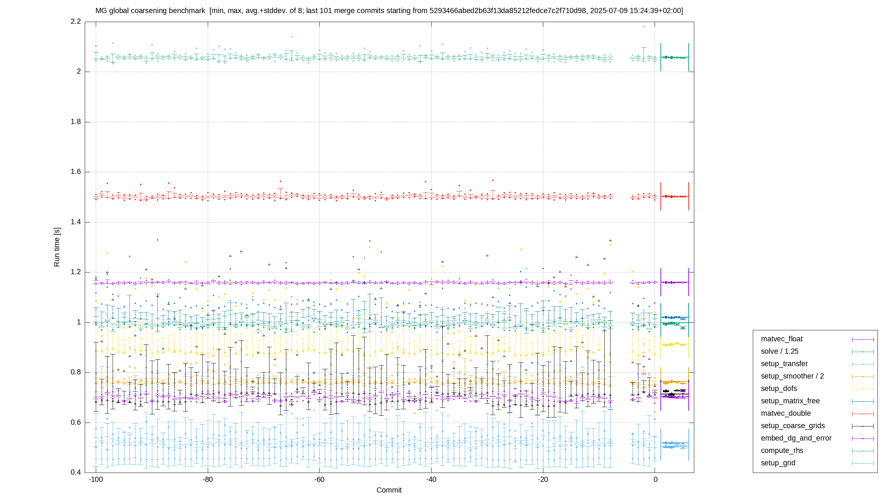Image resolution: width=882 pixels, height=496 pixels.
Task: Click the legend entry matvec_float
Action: click(x=782, y=339)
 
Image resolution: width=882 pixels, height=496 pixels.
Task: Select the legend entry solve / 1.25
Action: click(x=780, y=351)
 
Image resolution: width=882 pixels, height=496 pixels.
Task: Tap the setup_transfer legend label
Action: click(x=784, y=364)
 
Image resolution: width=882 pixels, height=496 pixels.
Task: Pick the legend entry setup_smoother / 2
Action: click(x=792, y=376)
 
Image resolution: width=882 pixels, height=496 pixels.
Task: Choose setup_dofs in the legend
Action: click(x=779, y=389)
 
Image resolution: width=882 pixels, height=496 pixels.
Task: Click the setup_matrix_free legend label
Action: click(x=790, y=401)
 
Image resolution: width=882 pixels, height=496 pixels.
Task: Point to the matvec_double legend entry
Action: click(x=786, y=413)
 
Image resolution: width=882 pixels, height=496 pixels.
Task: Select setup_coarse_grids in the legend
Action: click(x=793, y=426)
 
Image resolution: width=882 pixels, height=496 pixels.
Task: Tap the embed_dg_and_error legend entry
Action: click(x=796, y=438)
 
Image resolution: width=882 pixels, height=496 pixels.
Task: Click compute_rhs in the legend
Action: click(x=782, y=451)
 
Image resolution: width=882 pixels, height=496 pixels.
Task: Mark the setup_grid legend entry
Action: click(x=778, y=463)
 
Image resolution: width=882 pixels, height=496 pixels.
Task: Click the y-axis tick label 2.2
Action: click(x=76, y=21)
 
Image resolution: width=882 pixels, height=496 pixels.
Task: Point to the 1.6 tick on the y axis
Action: click(x=76, y=172)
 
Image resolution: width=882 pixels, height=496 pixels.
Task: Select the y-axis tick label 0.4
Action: click(x=76, y=472)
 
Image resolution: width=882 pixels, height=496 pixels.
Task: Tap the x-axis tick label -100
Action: click(x=96, y=479)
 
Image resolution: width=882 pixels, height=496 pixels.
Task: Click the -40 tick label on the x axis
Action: click(x=431, y=479)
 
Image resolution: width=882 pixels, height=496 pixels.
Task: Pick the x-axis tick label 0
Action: click(x=655, y=479)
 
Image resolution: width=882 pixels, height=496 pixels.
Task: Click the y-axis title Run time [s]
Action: click(x=57, y=247)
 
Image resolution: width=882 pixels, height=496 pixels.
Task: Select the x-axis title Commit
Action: click(x=389, y=490)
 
